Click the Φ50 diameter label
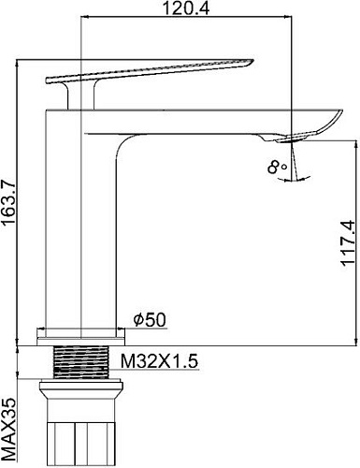150,320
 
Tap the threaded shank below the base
80,360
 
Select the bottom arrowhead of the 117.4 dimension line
354,342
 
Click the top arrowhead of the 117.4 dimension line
354,144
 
